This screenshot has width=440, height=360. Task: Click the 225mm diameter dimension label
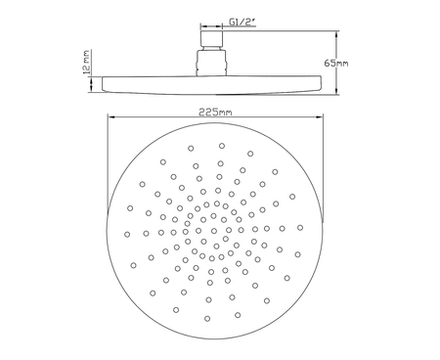pyautogui.click(x=215, y=112)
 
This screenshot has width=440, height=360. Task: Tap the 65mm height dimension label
pyautogui.click(x=336, y=63)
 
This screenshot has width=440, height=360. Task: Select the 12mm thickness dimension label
pyautogui.click(x=87, y=62)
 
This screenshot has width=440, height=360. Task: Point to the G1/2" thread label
pyautogui.click(x=242, y=22)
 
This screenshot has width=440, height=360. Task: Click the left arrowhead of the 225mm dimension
pyautogui.click(x=110, y=116)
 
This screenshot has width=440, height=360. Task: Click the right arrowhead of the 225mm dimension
pyautogui.click(x=320, y=116)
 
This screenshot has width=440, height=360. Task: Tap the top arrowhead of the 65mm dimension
pyautogui.click(x=337, y=34)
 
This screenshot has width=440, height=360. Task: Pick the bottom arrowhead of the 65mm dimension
pyautogui.click(x=337, y=91)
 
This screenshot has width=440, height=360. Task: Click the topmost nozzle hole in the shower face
pyautogui.click(x=222, y=146)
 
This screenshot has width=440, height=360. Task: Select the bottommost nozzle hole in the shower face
pyautogui.click(x=207, y=319)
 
